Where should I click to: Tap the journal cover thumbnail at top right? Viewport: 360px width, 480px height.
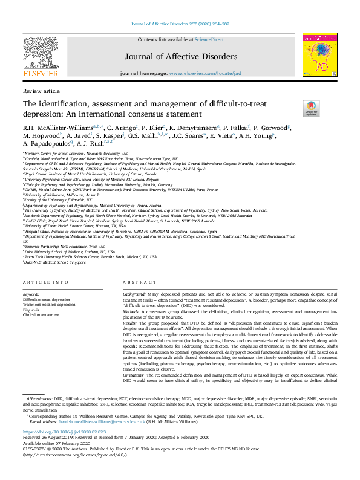(x=320, y=55)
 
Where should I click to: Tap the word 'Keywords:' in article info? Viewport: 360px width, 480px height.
(x=31, y=294)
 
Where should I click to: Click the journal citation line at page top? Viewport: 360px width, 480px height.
(x=180, y=25)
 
